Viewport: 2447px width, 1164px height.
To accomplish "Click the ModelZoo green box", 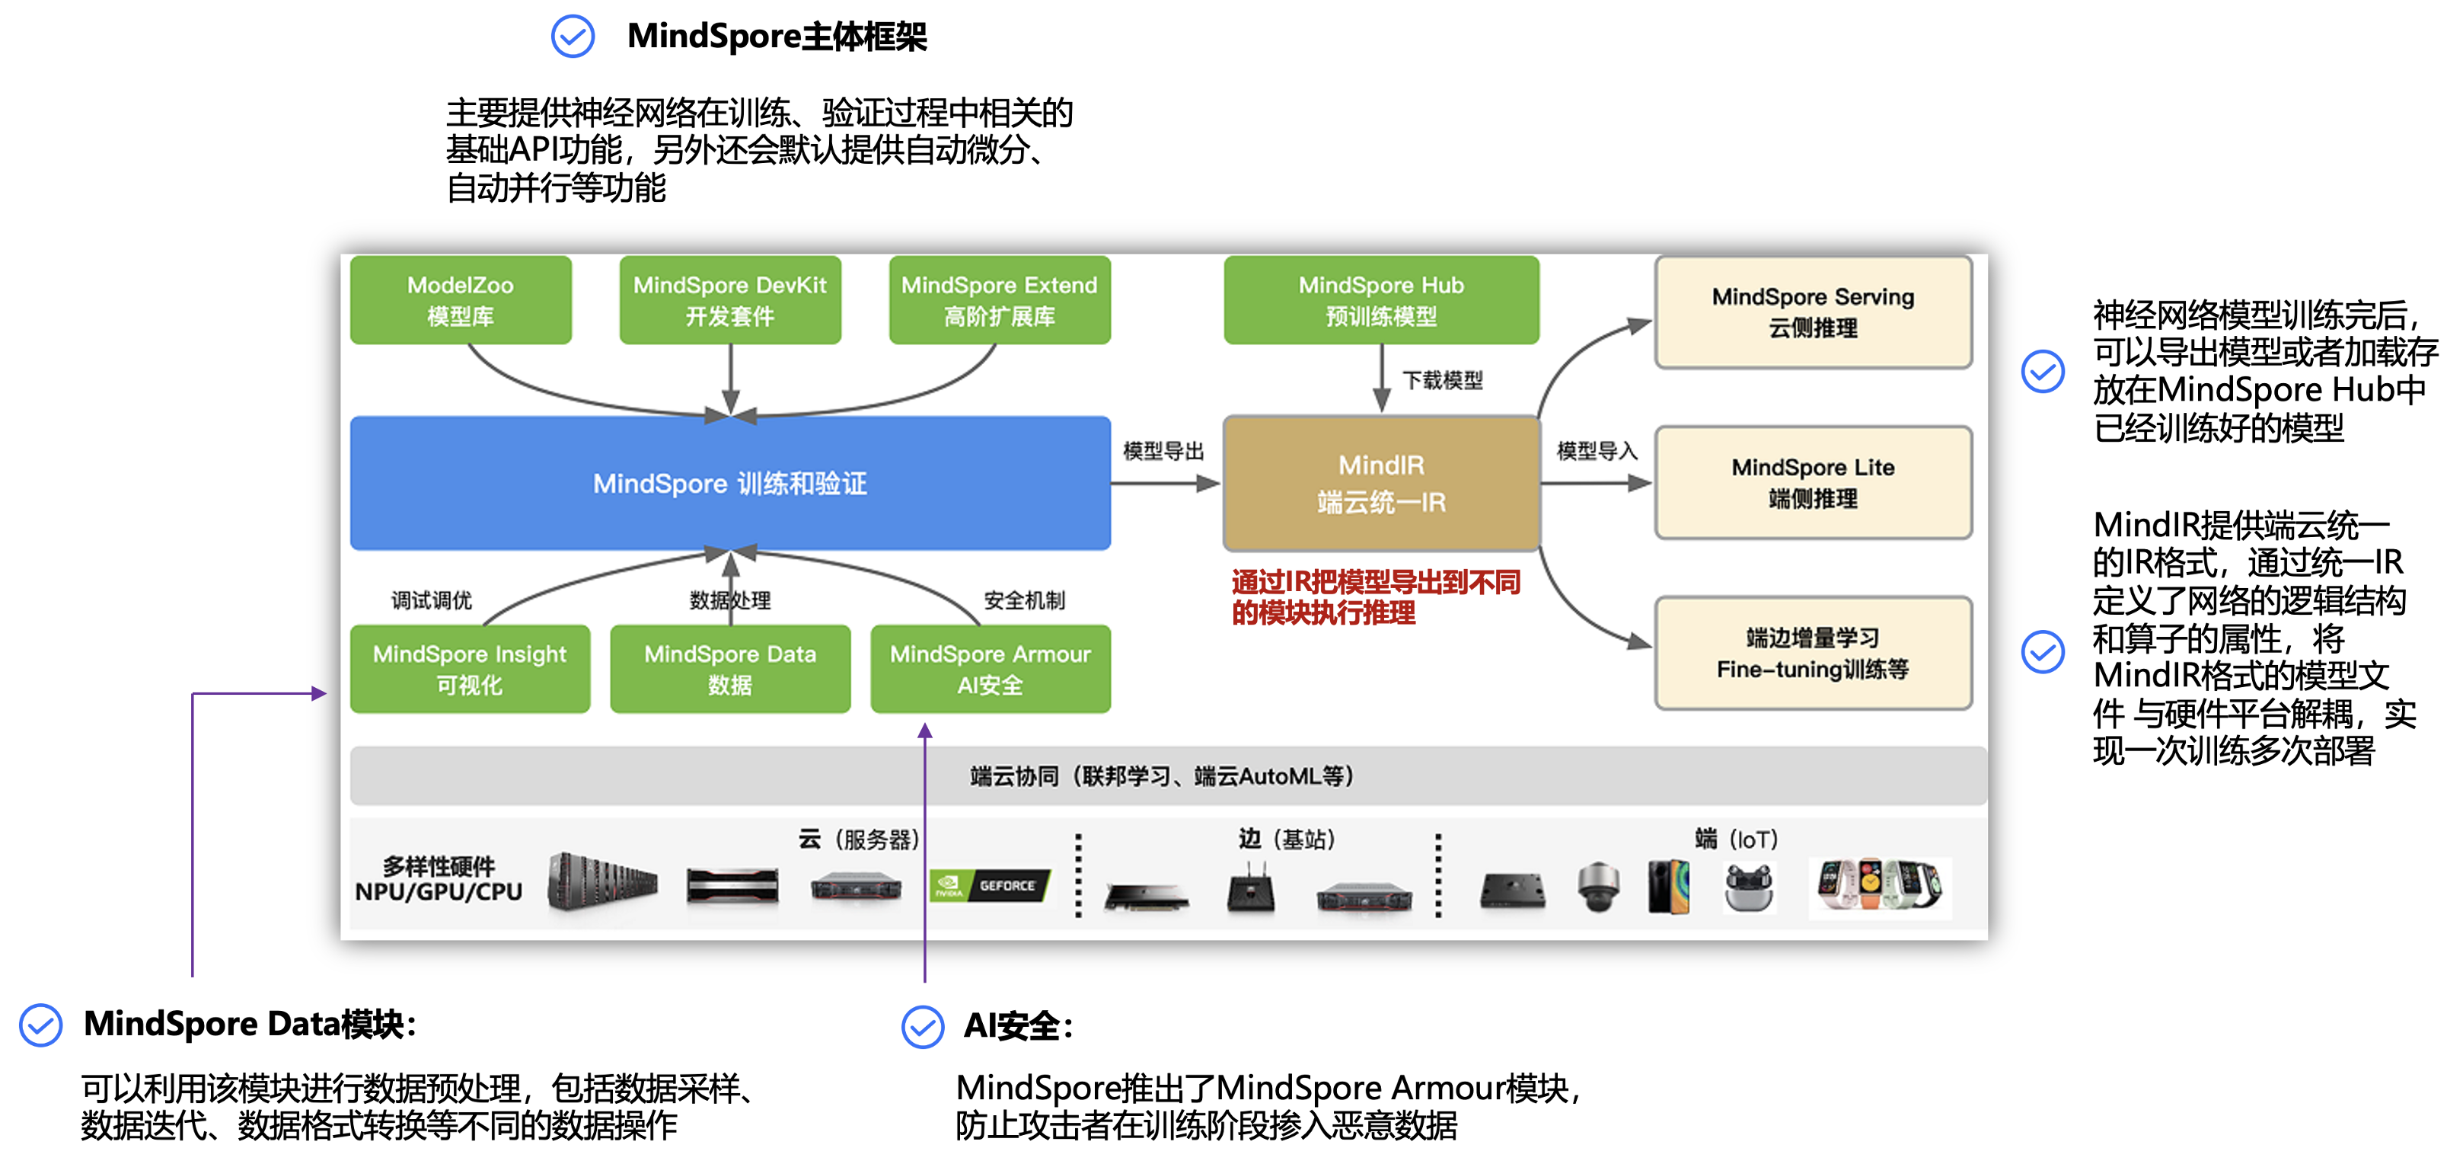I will click(461, 299).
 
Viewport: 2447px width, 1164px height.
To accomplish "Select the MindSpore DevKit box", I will click(729, 299).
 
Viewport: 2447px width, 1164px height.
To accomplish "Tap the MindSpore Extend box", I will click(1000, 299).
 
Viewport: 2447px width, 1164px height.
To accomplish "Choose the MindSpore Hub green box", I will click(1381, 299).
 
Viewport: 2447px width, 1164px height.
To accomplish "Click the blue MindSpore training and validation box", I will click(729, 483).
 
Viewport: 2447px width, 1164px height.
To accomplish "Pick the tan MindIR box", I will click(1381, 483).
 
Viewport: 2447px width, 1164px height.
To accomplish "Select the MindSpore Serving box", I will click(1813, 312).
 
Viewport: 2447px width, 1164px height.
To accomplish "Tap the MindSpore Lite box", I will click(1813, 483).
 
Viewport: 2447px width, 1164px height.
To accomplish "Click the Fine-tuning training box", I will click(1813, 653).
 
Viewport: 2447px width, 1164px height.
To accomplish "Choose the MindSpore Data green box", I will click(729, 669).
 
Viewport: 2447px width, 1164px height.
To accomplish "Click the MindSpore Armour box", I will click(990, 669).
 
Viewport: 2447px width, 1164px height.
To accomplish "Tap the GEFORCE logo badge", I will click(990, 886).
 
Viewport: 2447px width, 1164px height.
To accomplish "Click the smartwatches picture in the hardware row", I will click(1879, 887).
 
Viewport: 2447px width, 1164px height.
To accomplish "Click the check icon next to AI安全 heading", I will click(922, 1026).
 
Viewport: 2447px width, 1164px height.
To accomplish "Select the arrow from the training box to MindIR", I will click(1166, 484).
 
